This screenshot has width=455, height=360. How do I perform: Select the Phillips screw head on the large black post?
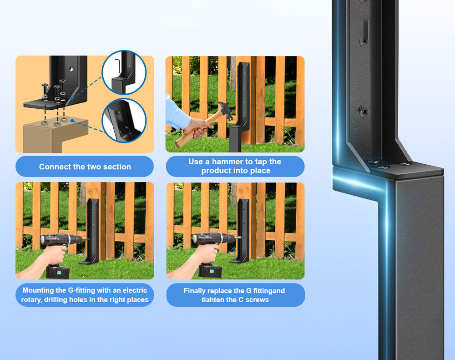click(x=363, y=111)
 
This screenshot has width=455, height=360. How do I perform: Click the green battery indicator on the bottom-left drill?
click(x=60, y=272)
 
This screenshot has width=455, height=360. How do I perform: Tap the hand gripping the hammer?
click(x=197, y=128)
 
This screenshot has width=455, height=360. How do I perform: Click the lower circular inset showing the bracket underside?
click(x=124, y=121)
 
